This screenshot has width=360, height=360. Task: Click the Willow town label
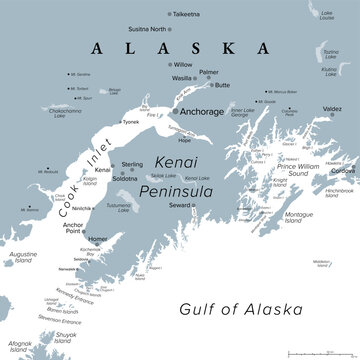click(183, 63)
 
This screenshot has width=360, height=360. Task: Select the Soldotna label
click(127, 179)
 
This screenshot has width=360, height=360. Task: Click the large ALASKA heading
click(177, 48)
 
